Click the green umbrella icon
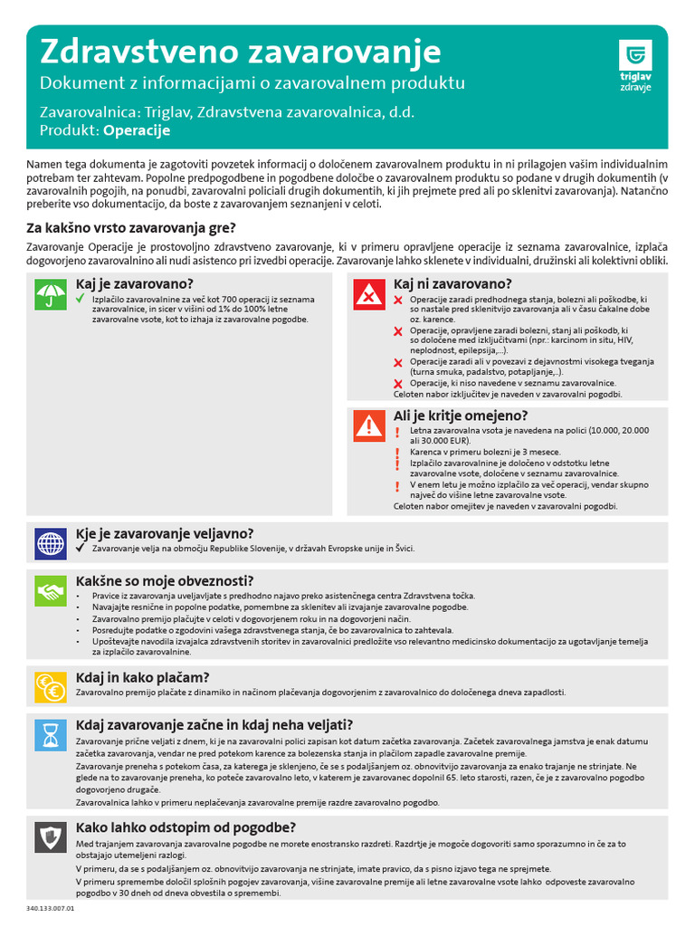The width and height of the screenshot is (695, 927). coord(51,295)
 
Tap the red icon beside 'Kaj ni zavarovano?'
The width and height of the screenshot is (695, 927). coord(368,295)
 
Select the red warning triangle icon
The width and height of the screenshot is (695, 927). coord(368,425)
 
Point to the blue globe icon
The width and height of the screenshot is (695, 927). coord(51,544)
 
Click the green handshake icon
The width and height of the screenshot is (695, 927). coord(51,591)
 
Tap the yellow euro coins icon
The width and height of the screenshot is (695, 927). coord(51,687)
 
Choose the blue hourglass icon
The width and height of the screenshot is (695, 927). coord(51,735)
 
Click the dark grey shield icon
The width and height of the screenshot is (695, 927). coord(51,837)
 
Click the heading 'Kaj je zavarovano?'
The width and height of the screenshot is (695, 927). coord(135,283)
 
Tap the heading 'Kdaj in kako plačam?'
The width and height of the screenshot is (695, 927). coord(143,676)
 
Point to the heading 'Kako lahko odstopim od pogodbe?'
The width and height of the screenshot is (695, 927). coord(186,827)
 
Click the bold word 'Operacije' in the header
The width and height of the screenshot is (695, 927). coord(137,130)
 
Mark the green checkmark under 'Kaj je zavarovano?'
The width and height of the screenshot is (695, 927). coord(80,298)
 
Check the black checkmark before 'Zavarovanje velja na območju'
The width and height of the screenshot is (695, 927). coord(80,549)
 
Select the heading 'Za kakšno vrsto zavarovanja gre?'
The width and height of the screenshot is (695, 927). coord(131,227)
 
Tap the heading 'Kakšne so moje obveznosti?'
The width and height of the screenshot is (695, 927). coord(165,580)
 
